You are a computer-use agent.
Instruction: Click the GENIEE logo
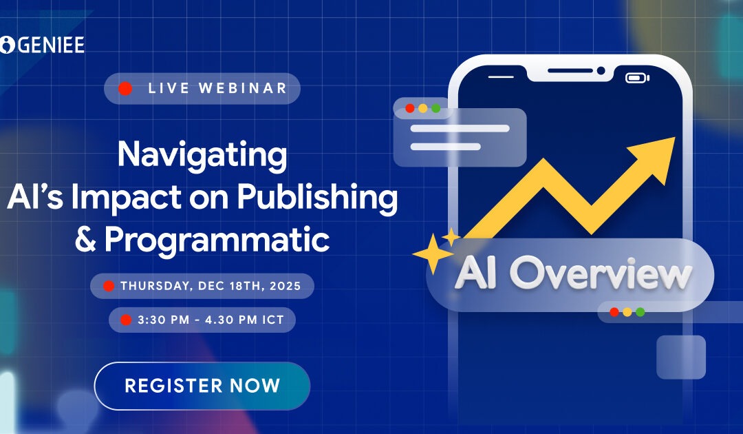[43, 45]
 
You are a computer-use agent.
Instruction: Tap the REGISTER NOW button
[202, 386]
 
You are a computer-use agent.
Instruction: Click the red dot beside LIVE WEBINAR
[125, 88]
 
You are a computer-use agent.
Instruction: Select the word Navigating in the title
[202, 155]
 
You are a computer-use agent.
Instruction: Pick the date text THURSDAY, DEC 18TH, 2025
[211, 286]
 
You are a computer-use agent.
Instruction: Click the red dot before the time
[125, 320]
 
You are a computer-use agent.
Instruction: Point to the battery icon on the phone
[637, 78]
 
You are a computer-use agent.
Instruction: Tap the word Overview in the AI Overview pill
[600, 274]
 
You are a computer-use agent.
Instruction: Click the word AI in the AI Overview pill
[479, 274]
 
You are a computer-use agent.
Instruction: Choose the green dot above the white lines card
[435, 108]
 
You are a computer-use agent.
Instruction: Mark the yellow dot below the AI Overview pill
[627, 312]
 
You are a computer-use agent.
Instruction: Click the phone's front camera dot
[601, 70]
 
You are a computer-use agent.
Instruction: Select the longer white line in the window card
[460, 128]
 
